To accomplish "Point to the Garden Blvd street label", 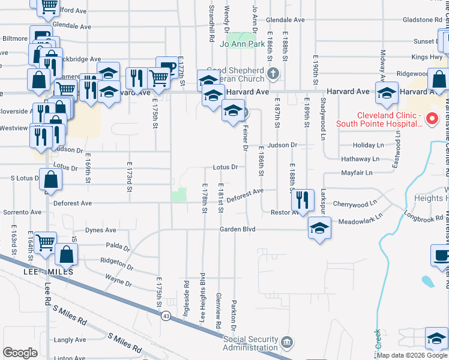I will (x=238, y=229).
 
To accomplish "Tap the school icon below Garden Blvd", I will (x=319, y=228).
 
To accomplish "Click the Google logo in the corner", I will (x=20, y=353).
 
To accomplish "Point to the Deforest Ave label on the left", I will (x=73, y=203).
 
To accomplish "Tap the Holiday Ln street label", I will (x=368, y=145).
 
